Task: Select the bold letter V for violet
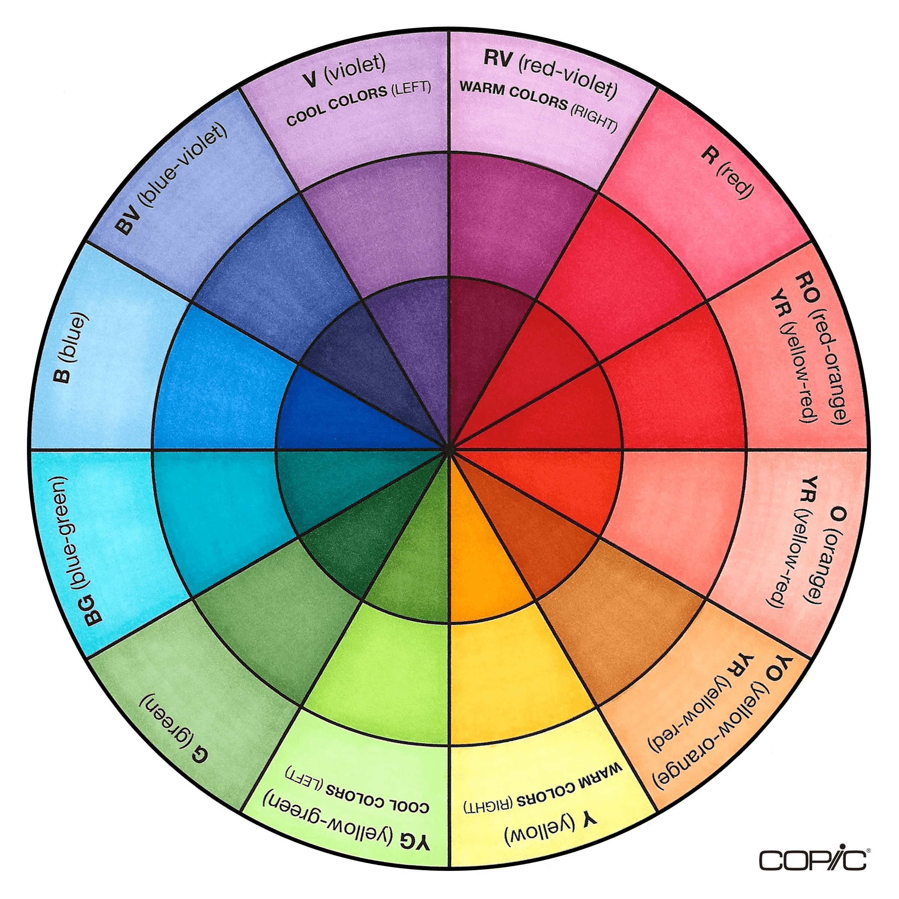point(310,80)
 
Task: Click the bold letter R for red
point(709,157)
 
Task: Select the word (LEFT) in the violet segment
point(411,88)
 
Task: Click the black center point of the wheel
point(449,449)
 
